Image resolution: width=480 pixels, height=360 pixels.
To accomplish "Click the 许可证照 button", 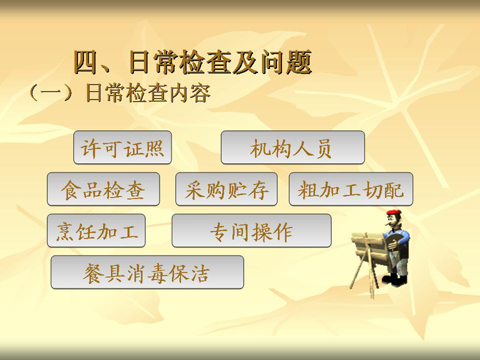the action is coord(122,147).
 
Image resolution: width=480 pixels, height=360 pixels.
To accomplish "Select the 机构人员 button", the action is coord(293,147).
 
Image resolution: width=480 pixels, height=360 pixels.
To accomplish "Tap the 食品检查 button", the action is coord(103,189).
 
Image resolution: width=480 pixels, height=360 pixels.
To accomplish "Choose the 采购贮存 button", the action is coord(227,189).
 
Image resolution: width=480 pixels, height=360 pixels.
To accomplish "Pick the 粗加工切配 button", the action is coord(351,189).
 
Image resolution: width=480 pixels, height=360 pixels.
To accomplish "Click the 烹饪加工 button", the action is coord(96,230).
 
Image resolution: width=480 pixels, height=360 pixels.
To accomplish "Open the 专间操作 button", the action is coord(251,230).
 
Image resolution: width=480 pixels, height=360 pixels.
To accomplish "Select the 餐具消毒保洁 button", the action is coord(147,272).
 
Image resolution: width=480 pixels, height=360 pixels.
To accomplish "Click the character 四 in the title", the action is coord(86,62).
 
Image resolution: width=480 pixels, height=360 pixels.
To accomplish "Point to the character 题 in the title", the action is coord(298,62).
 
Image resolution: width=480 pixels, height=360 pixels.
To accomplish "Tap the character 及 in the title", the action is coord(244,62).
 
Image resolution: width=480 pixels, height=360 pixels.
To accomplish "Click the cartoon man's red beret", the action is coord(394,213).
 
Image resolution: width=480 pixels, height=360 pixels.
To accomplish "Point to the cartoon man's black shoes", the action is coord(395,280).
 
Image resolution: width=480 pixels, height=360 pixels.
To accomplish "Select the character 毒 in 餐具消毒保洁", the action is coord(158,273).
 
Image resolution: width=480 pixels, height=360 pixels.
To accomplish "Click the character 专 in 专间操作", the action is coord(220,232).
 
